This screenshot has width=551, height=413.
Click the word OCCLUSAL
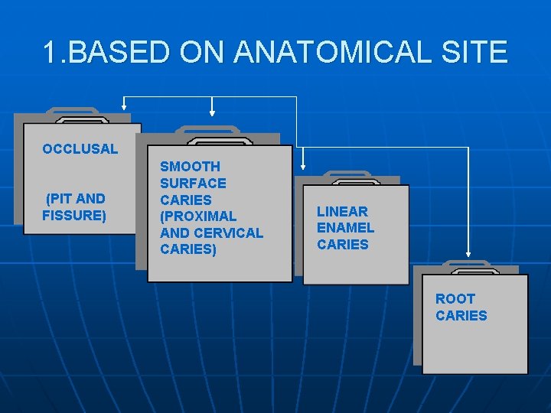click(x=80, y=149)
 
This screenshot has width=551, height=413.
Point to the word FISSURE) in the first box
click(x=74, y=216)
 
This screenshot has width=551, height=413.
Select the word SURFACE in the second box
click(x=193, y=184)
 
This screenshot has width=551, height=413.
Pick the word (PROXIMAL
click(x=198, y=216)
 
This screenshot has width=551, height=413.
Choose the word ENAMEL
click(x=345, y=228)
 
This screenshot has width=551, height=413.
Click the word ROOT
click(x=455, y=299)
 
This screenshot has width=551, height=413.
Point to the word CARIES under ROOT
click(x=461, y=316)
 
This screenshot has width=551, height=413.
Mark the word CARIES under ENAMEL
click(x=343, y=245)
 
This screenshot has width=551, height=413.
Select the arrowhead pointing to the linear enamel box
click(x=304, y=164)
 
